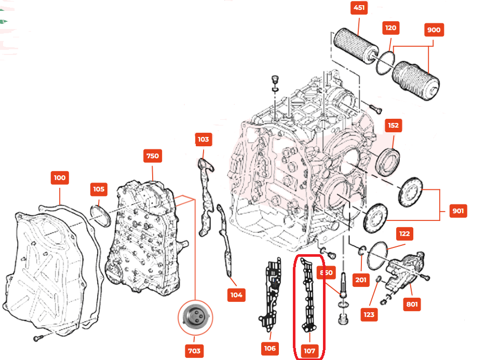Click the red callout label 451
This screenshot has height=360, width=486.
[x=359, y=8]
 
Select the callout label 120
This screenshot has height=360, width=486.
[x=390, y=27]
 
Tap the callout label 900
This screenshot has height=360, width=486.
[x=433, y=30]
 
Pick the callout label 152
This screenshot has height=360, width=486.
[x=393, y=125]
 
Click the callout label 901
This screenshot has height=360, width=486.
[x=458, y=211]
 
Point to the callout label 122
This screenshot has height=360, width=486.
[x=405, y=234]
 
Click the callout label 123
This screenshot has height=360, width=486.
[x=369, y=314]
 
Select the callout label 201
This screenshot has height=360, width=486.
[x=361, y=280]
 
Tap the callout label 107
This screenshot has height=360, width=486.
[x=309, y=351]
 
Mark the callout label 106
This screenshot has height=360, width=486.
[x=269, y=348]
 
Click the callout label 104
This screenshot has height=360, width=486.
[x=236, y=295]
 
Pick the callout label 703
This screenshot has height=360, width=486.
[x=194, y=351]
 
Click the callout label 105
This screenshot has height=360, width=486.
[x=99, y=189]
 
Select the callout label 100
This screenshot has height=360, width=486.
[x=60, y=177]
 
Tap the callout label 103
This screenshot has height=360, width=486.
[x=203, y=139]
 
